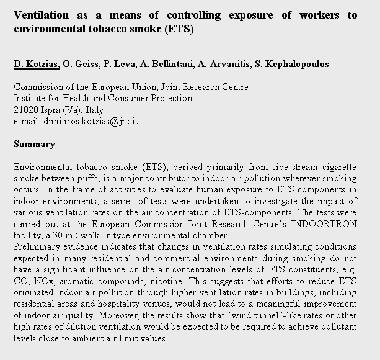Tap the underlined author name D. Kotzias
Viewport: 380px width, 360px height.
[x=37, y=64]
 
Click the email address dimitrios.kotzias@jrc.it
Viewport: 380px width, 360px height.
[x=89, y=121]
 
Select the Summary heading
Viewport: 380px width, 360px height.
[x=34, y=144]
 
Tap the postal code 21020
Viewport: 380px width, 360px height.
[x=26, y=110]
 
